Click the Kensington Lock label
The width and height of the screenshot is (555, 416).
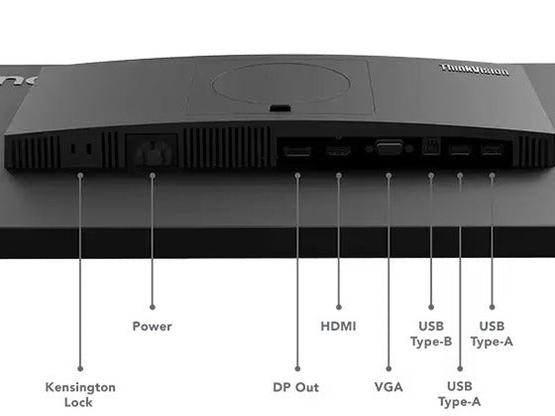(80, 395)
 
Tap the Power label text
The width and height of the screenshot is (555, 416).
(152, 326)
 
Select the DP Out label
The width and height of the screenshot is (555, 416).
(296, 387)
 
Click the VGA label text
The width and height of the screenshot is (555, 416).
(388, 387)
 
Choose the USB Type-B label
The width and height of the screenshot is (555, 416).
(431, 333)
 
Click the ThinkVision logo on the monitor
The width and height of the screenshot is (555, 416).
(475, 70)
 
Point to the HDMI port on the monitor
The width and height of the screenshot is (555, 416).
(339, 149)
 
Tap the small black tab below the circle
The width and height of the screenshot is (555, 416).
(279, 109)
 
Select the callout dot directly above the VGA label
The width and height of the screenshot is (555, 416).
(388, 367)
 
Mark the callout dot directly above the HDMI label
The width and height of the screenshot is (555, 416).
(339, 306)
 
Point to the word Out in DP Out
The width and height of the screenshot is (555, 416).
(307, 387)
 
